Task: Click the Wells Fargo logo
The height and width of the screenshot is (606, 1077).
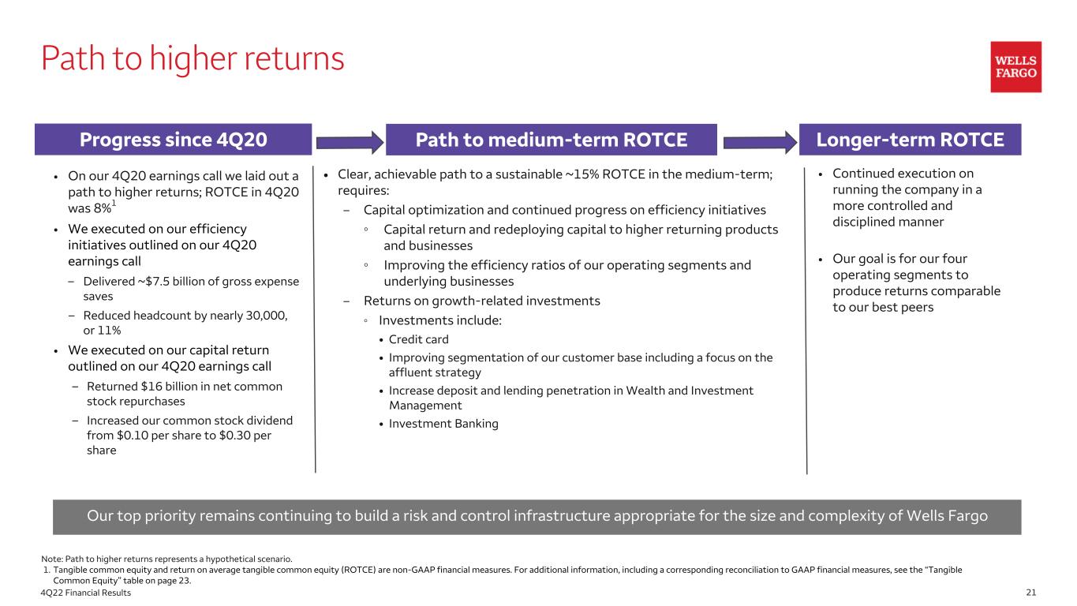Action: click(1015, 67)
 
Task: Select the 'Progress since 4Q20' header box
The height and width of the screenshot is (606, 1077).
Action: click(174, 140)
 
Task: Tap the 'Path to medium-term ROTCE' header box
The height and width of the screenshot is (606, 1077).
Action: click(551, 140)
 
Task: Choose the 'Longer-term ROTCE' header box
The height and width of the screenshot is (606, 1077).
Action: click(911, 140)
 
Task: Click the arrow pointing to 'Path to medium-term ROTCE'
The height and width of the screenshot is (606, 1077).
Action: click(349, 142)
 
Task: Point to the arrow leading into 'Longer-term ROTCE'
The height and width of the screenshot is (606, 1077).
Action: click(759, 142)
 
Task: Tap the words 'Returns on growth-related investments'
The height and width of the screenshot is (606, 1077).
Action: click(481, 301)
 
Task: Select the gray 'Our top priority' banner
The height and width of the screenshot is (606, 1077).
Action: click(537, 517)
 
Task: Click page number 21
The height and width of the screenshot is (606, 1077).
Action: click(1030, 593)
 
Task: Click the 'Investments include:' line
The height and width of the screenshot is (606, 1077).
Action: click(439, 320)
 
